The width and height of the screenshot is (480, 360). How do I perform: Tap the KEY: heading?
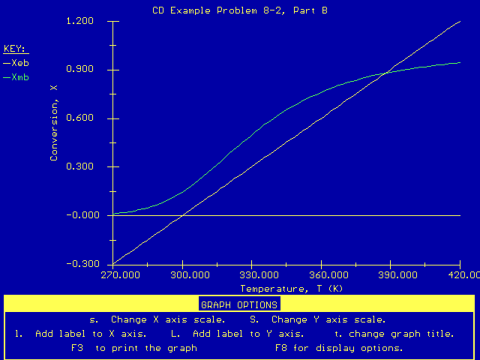[15, 49]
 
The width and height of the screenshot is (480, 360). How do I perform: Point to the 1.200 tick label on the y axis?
[79, 21]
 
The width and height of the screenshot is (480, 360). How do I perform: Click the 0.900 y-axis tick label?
[79, 70]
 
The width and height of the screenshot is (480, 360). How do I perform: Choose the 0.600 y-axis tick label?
[79, 118]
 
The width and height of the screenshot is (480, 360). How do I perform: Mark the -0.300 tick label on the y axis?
[78, 264]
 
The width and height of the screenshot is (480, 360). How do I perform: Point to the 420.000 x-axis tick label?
[459, 275]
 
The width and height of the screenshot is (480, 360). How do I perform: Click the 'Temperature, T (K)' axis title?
[292, 289]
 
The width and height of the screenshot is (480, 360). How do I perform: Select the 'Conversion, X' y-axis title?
[54, 122]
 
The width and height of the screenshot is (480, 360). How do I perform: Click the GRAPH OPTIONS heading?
[239, 304]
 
